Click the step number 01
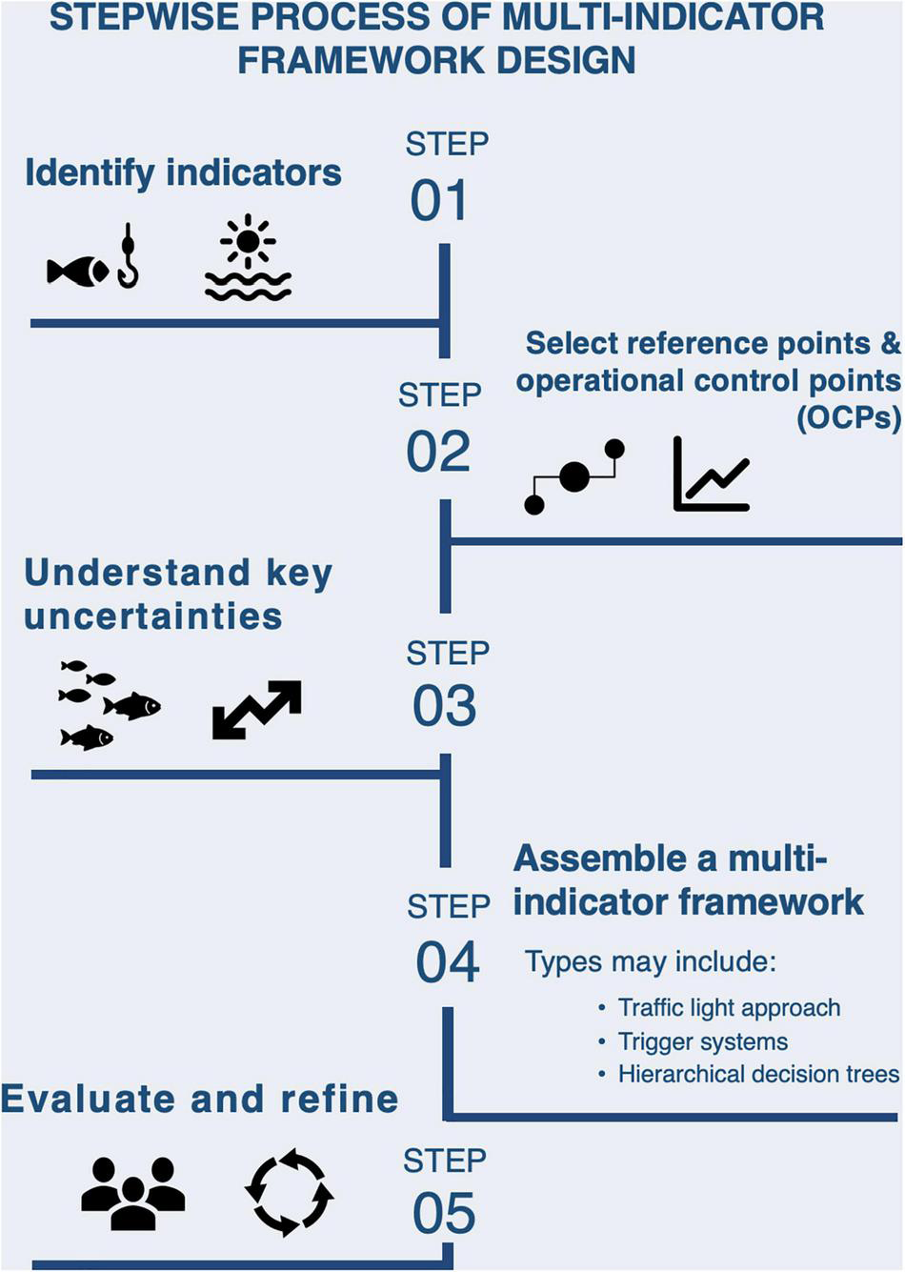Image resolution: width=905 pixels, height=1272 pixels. click(x=439, y=201)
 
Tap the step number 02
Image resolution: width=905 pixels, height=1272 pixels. click(x=438, y=452)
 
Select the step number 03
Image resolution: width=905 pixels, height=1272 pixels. click(x=445, y=706)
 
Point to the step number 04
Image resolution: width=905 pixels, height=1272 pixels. click(x=447, y=961)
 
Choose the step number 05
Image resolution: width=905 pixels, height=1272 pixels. click(x=444, y=1214)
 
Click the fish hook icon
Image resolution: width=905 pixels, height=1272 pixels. click(x=127, y=256)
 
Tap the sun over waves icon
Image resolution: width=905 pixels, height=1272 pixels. click(x=248, y=258)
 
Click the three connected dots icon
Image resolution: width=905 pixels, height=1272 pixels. click(x=574, y=476)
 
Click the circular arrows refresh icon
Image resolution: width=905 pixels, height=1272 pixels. click(x=290, y=1192)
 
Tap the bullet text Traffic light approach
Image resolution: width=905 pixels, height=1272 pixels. click(x=729, y=1008)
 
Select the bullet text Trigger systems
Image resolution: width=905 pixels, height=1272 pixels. click(x=702, y=1041)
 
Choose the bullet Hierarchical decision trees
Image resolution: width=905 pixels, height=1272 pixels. click(x=758, y=1075)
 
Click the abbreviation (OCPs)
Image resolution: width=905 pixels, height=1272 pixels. click(x=848, y=417)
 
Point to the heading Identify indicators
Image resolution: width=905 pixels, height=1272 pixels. click(x=183, y=173)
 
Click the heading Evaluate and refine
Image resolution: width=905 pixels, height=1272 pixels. click(x=200, y=1099)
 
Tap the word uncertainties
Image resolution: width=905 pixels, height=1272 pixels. click(x=153, y=616)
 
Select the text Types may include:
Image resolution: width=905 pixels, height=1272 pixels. click(x=650, y=961)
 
